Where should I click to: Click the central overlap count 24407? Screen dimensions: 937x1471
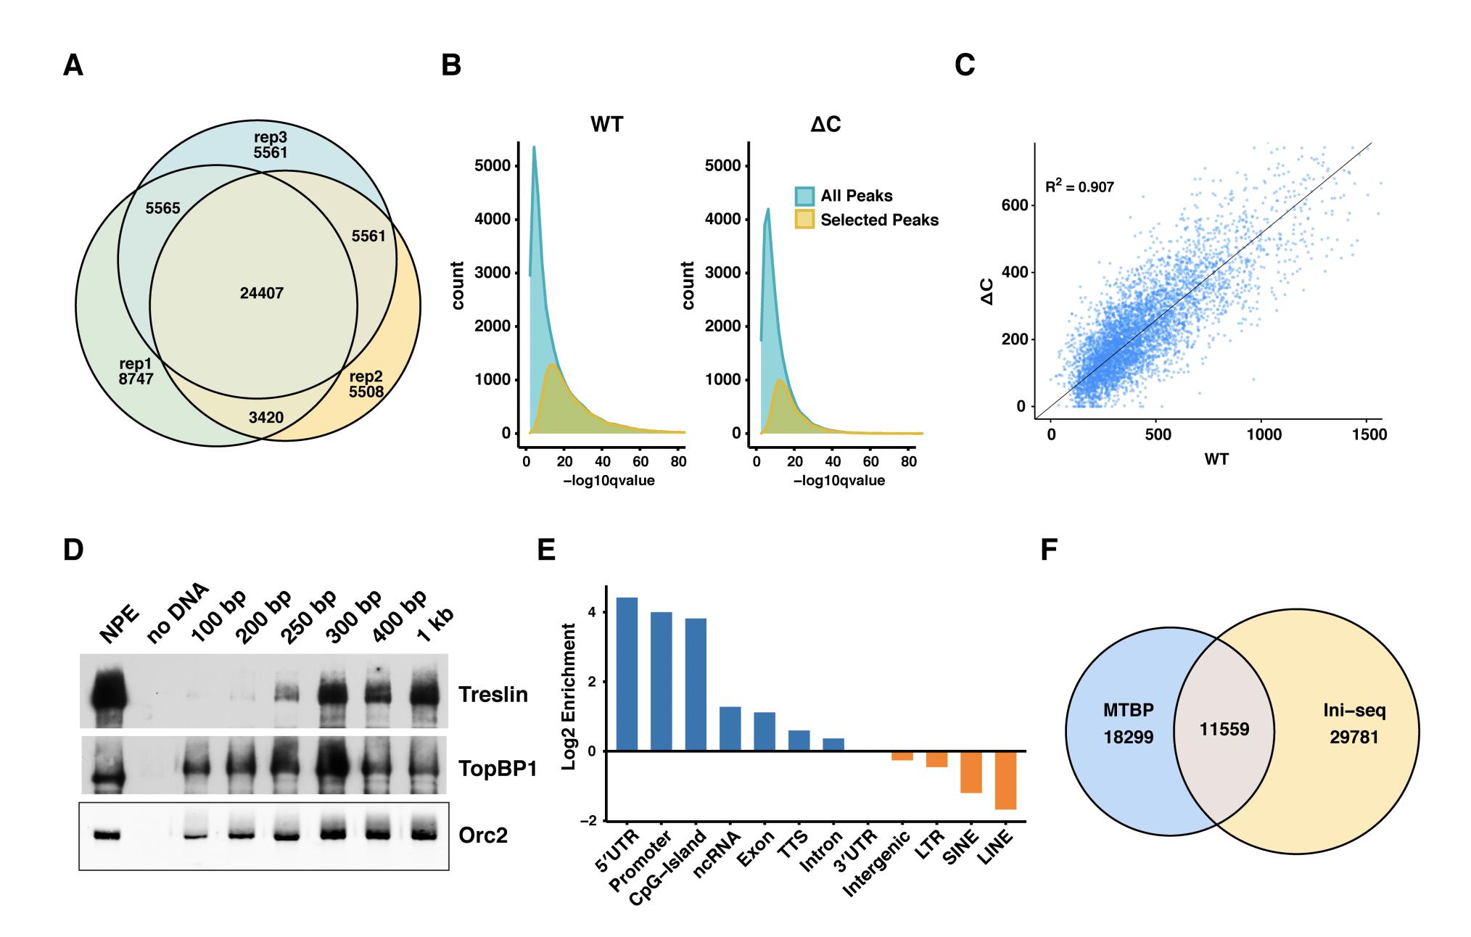coord(261,294)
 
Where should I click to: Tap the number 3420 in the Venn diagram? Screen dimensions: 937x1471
coord(265,417)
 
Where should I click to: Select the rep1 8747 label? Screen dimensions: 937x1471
coord(136,370)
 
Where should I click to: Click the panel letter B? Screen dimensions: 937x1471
coord(451,66)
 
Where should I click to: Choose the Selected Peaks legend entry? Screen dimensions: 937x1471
coord(879,220)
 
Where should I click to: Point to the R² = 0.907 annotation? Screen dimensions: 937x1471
coord(1079,187)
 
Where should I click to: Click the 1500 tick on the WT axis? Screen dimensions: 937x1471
coord(1366,434)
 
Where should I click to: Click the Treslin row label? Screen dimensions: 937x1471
coord(493,695)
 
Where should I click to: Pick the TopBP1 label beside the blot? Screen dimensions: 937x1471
coord(498,769)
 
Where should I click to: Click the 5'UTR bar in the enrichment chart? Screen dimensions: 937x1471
coord(627,674)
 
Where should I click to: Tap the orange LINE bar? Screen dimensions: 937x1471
coord(1005,780)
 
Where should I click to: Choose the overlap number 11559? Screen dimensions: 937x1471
coord(1224,729)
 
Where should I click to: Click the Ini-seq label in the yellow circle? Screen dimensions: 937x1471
coord(1353,711)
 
